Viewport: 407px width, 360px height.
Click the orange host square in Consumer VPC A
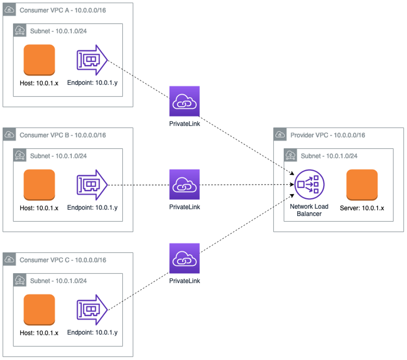(39, 60)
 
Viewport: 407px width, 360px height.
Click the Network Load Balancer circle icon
(309, 185)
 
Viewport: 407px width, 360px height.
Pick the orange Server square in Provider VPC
(362, 185)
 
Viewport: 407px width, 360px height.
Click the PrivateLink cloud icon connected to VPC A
(185, 102)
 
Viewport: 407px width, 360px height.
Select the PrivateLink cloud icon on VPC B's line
(185, 185)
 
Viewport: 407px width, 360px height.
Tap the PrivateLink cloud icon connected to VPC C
(185, 259)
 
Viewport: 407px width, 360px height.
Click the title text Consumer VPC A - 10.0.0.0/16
(63, 10)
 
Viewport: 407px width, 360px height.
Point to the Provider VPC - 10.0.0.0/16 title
(328, 135)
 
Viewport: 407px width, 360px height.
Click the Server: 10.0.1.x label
(362, 208)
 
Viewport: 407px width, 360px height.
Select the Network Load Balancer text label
(309, 210)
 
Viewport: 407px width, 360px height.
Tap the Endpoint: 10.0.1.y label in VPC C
(92, 333)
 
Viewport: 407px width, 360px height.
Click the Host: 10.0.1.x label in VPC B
(39, 208)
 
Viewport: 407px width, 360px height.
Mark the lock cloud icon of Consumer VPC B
(10, 135)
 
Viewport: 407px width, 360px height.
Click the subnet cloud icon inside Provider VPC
(290, 156)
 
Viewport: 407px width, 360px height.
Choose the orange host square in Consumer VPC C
(39, 310)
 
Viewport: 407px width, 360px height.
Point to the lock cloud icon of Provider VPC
(280, 135)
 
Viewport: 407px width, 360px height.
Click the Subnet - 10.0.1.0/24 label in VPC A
(58, 31)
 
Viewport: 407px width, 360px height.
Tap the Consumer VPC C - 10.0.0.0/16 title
(63, 260)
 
